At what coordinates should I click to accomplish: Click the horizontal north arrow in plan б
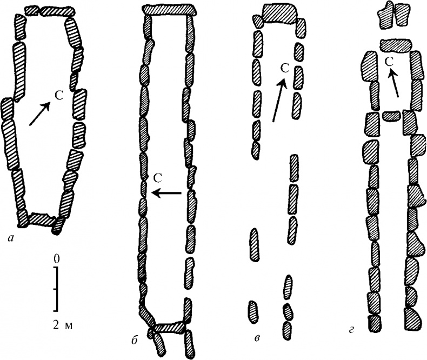(x=166, y=193)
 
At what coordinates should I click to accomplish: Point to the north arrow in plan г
(x=393, y=83)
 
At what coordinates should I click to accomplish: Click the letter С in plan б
(x=158, y=178)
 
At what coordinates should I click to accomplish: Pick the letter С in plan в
(x=285, y=69)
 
